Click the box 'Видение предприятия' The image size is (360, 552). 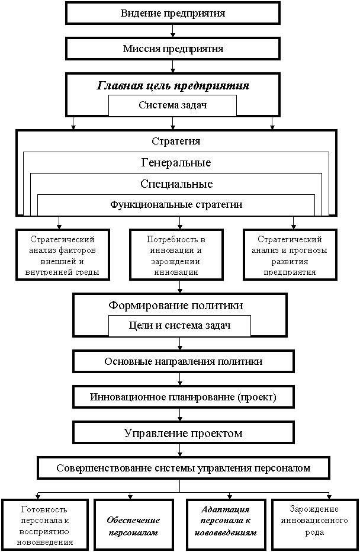[x=172, y=13]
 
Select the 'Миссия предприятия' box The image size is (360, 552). [x=172, y=49]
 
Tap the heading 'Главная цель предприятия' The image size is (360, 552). [x=172, y=85]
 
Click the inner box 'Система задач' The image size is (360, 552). [x=172, y=105]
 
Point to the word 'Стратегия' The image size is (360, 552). [x=176, y=142]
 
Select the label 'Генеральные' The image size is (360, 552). [x=176, y=162]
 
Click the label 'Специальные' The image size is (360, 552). [x=176, y=184]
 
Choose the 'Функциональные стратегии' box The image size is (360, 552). [x=176, y=205]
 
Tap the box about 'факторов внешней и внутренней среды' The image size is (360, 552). [x=62, y=255]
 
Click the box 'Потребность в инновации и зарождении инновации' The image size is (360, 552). [x=176, y=255]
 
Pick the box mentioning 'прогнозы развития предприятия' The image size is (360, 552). [x=290, y=255]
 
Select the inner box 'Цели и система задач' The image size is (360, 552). [x=179, y=326]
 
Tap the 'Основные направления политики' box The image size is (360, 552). [x=183, y=361]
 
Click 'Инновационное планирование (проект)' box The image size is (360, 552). [x=183, y=397]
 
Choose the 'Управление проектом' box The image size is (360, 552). [x=183, y=433]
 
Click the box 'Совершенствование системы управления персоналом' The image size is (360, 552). [x=183, y=468]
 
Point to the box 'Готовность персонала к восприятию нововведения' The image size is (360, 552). [x=45, y=525]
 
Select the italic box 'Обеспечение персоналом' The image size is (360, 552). [x=134, y=525]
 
